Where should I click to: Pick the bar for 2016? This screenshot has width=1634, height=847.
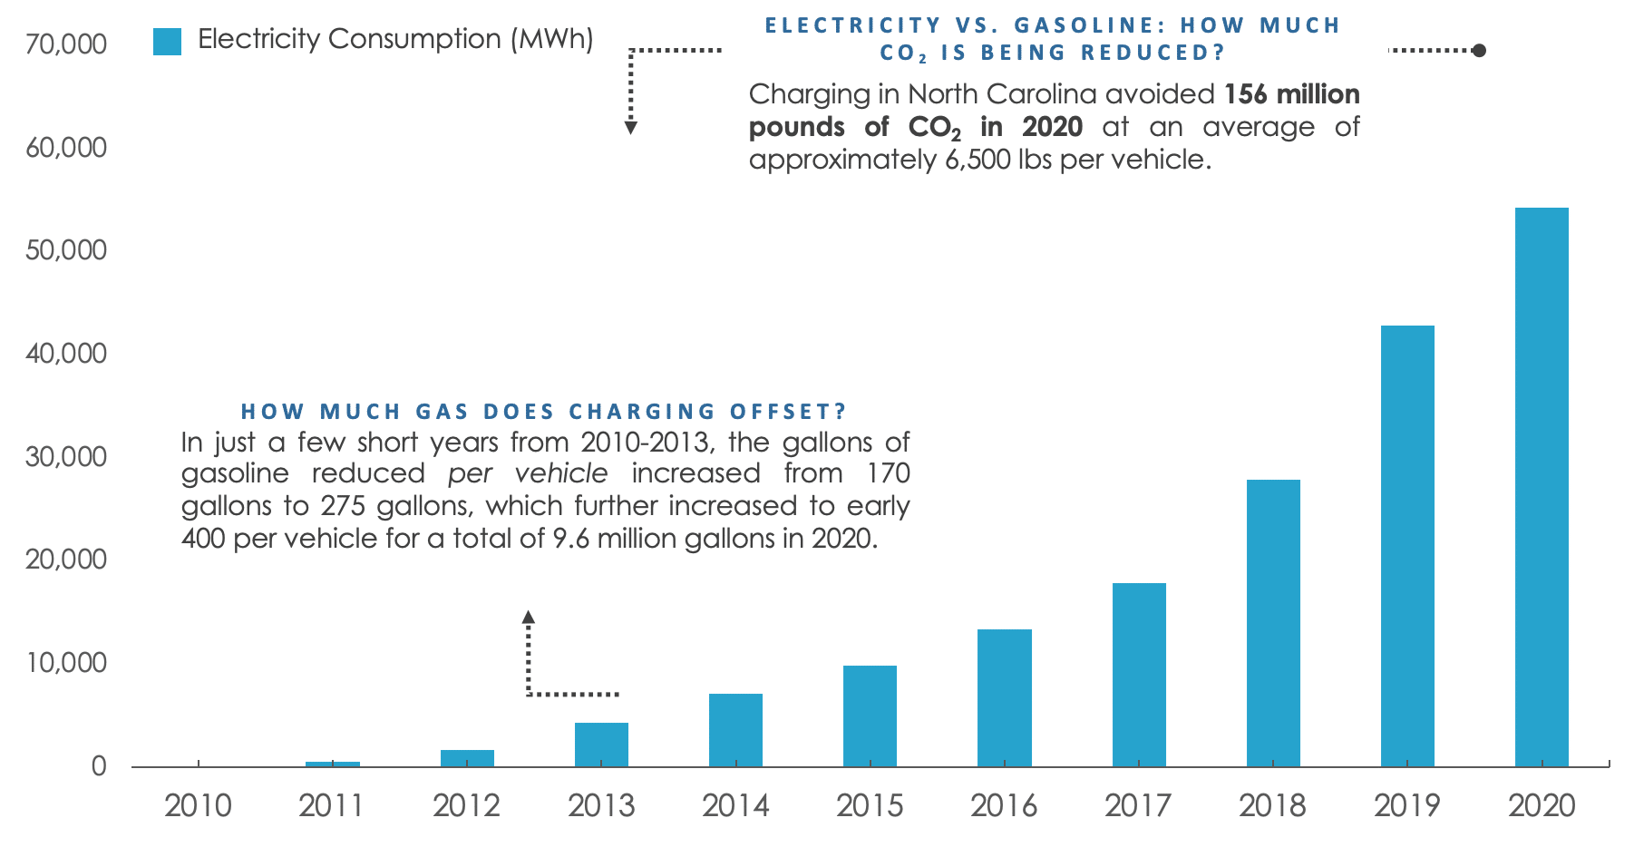[1005, 697]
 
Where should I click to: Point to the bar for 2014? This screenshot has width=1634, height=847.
[735, 730]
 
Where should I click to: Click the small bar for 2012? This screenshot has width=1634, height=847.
[467, 758]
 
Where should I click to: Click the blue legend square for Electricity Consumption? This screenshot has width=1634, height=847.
[168, 41]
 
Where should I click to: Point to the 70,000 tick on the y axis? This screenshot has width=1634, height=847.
[66, 44]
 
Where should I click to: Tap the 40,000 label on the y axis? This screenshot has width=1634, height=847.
[66, 354]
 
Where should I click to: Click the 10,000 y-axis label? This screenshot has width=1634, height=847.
[66, 663]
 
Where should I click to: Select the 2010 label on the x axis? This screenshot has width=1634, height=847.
[198, 805]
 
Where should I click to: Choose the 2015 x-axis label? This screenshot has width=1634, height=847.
[870, 805]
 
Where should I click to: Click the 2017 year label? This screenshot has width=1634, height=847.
[1138, 805]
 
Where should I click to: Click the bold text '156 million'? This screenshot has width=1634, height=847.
[1291, 94]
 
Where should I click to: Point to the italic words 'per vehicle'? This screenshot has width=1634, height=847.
[528, 473]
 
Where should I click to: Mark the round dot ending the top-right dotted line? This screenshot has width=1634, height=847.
[1479, 51]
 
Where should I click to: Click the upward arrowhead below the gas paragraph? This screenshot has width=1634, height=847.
[529, 618]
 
